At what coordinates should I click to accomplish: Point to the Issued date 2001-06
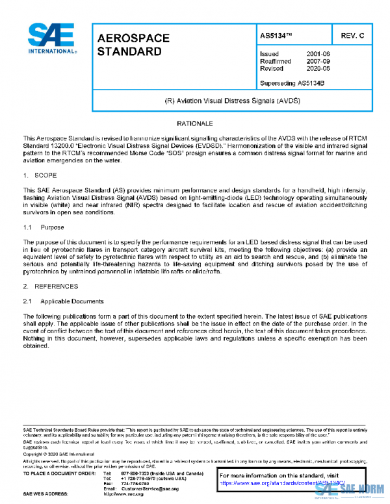[317, 53]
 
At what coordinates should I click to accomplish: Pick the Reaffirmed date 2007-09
[317, 60]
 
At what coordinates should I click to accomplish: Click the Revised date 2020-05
[317, 68]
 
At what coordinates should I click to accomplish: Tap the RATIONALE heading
[194, 123]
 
